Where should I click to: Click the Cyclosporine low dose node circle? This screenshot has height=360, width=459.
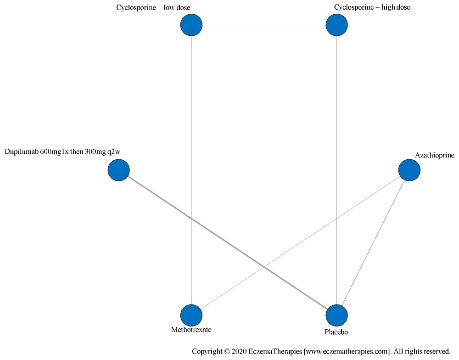191,25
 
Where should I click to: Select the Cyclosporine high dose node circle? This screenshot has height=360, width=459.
337,25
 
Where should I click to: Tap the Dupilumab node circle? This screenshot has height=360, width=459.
119,170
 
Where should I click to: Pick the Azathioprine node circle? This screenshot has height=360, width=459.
409,170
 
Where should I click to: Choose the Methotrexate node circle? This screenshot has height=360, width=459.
191,316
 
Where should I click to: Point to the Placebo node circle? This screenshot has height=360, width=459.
337,316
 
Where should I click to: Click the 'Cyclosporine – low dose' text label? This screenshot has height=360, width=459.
153,7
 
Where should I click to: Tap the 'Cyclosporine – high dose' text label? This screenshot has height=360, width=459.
372,7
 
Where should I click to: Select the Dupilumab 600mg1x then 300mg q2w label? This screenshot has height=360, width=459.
65,152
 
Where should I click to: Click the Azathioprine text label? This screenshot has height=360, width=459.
434,155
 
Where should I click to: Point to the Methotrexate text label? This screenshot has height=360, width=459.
191,330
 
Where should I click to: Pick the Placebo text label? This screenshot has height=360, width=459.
337,331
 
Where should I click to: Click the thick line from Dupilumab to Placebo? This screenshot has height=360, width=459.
228,243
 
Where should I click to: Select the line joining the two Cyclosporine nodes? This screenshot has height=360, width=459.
264,25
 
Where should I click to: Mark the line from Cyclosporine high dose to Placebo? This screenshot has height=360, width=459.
337,115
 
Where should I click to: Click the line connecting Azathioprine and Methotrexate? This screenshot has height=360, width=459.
300,243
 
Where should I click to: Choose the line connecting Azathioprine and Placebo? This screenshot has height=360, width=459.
373,243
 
